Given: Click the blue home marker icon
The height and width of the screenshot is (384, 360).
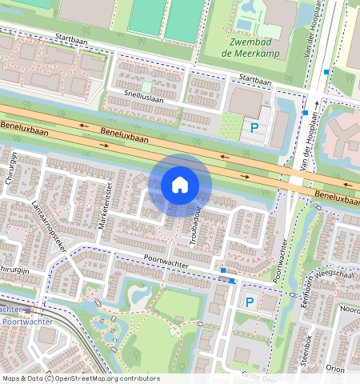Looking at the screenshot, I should point(180,185).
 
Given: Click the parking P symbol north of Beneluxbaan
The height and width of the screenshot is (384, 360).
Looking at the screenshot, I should point(255,127).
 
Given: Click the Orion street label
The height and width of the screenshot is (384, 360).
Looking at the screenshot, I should point(335,369).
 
